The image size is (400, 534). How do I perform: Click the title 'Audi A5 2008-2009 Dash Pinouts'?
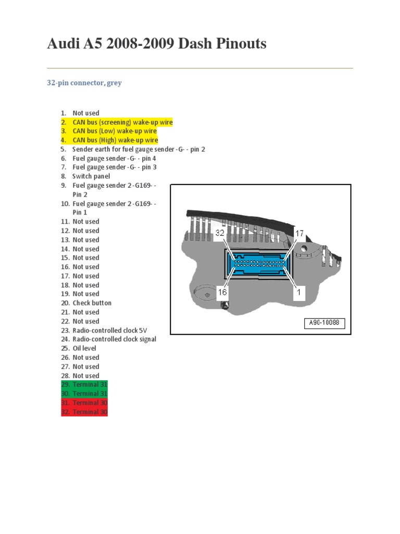click(x=157, y=44)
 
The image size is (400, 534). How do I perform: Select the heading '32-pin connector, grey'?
click(x=84, y=83)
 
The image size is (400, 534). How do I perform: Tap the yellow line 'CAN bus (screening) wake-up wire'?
click(x=122, y=122)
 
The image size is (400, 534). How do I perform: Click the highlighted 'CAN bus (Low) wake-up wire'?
click(x=115, y=131)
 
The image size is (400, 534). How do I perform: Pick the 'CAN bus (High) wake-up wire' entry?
click(x=115, y=140)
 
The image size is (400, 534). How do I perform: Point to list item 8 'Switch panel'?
click(x=91, y=176)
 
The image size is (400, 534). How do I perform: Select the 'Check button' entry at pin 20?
click(x=92, y=303)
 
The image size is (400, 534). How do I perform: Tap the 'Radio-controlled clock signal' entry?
click(x=114, y=339)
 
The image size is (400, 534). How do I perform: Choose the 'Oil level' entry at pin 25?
click(x=84, y=348)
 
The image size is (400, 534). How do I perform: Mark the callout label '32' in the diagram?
click(x=220, y=234)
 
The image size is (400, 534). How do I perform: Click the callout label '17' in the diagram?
click(x=299, y=234)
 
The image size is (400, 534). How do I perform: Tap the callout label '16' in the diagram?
click(x=222, y=293)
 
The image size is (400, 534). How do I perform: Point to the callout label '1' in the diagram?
click(x=299, y=293)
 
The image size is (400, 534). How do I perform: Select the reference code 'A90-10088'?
click(x=324, y=323)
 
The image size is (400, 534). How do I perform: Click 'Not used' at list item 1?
click(x=86, y=113)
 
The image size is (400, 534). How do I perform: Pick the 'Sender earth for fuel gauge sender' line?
click(x=139, y=149)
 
